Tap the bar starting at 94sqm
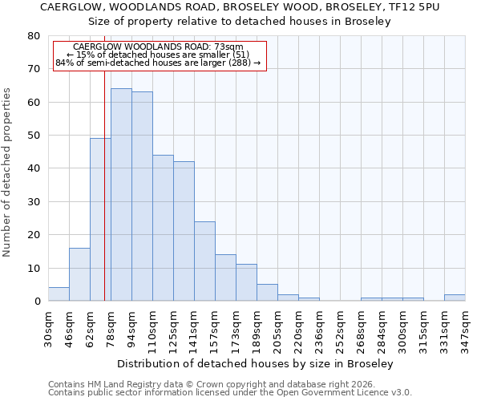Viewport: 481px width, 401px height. (142, 196)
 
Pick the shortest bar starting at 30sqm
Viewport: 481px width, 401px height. (59, 294)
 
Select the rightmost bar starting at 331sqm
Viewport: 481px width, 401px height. (455, 298)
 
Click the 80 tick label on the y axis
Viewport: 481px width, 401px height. (34, 36)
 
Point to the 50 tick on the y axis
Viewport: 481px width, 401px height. (34, 136)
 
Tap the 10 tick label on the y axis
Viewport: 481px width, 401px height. (34, 268)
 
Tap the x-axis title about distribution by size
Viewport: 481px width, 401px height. (255, 364)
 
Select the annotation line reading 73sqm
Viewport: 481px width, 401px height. (158, 47)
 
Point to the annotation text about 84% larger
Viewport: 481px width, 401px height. (158, 63)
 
